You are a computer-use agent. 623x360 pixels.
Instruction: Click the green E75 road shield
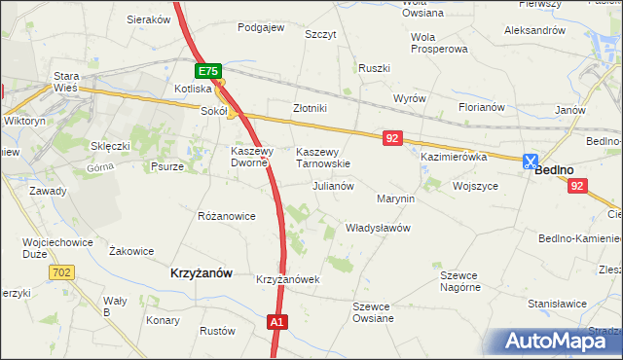point(208,72)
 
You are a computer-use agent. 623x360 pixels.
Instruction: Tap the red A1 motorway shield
point(277,322)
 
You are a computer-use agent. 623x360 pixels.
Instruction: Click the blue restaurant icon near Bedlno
point(531,162)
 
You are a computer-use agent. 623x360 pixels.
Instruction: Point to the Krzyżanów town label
point(202,274)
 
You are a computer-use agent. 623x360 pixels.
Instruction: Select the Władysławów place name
point(379,228)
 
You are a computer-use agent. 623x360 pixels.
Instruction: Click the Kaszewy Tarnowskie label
point(322,158)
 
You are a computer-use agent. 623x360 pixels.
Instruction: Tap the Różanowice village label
point(226,216)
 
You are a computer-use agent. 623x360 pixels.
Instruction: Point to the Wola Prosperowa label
point(439,43)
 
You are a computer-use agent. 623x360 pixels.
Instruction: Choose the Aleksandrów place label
point(534,30)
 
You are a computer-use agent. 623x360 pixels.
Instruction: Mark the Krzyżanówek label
point(288,279)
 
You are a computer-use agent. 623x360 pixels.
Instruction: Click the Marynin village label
point(395,198)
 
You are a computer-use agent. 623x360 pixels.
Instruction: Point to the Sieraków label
point(149,18)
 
